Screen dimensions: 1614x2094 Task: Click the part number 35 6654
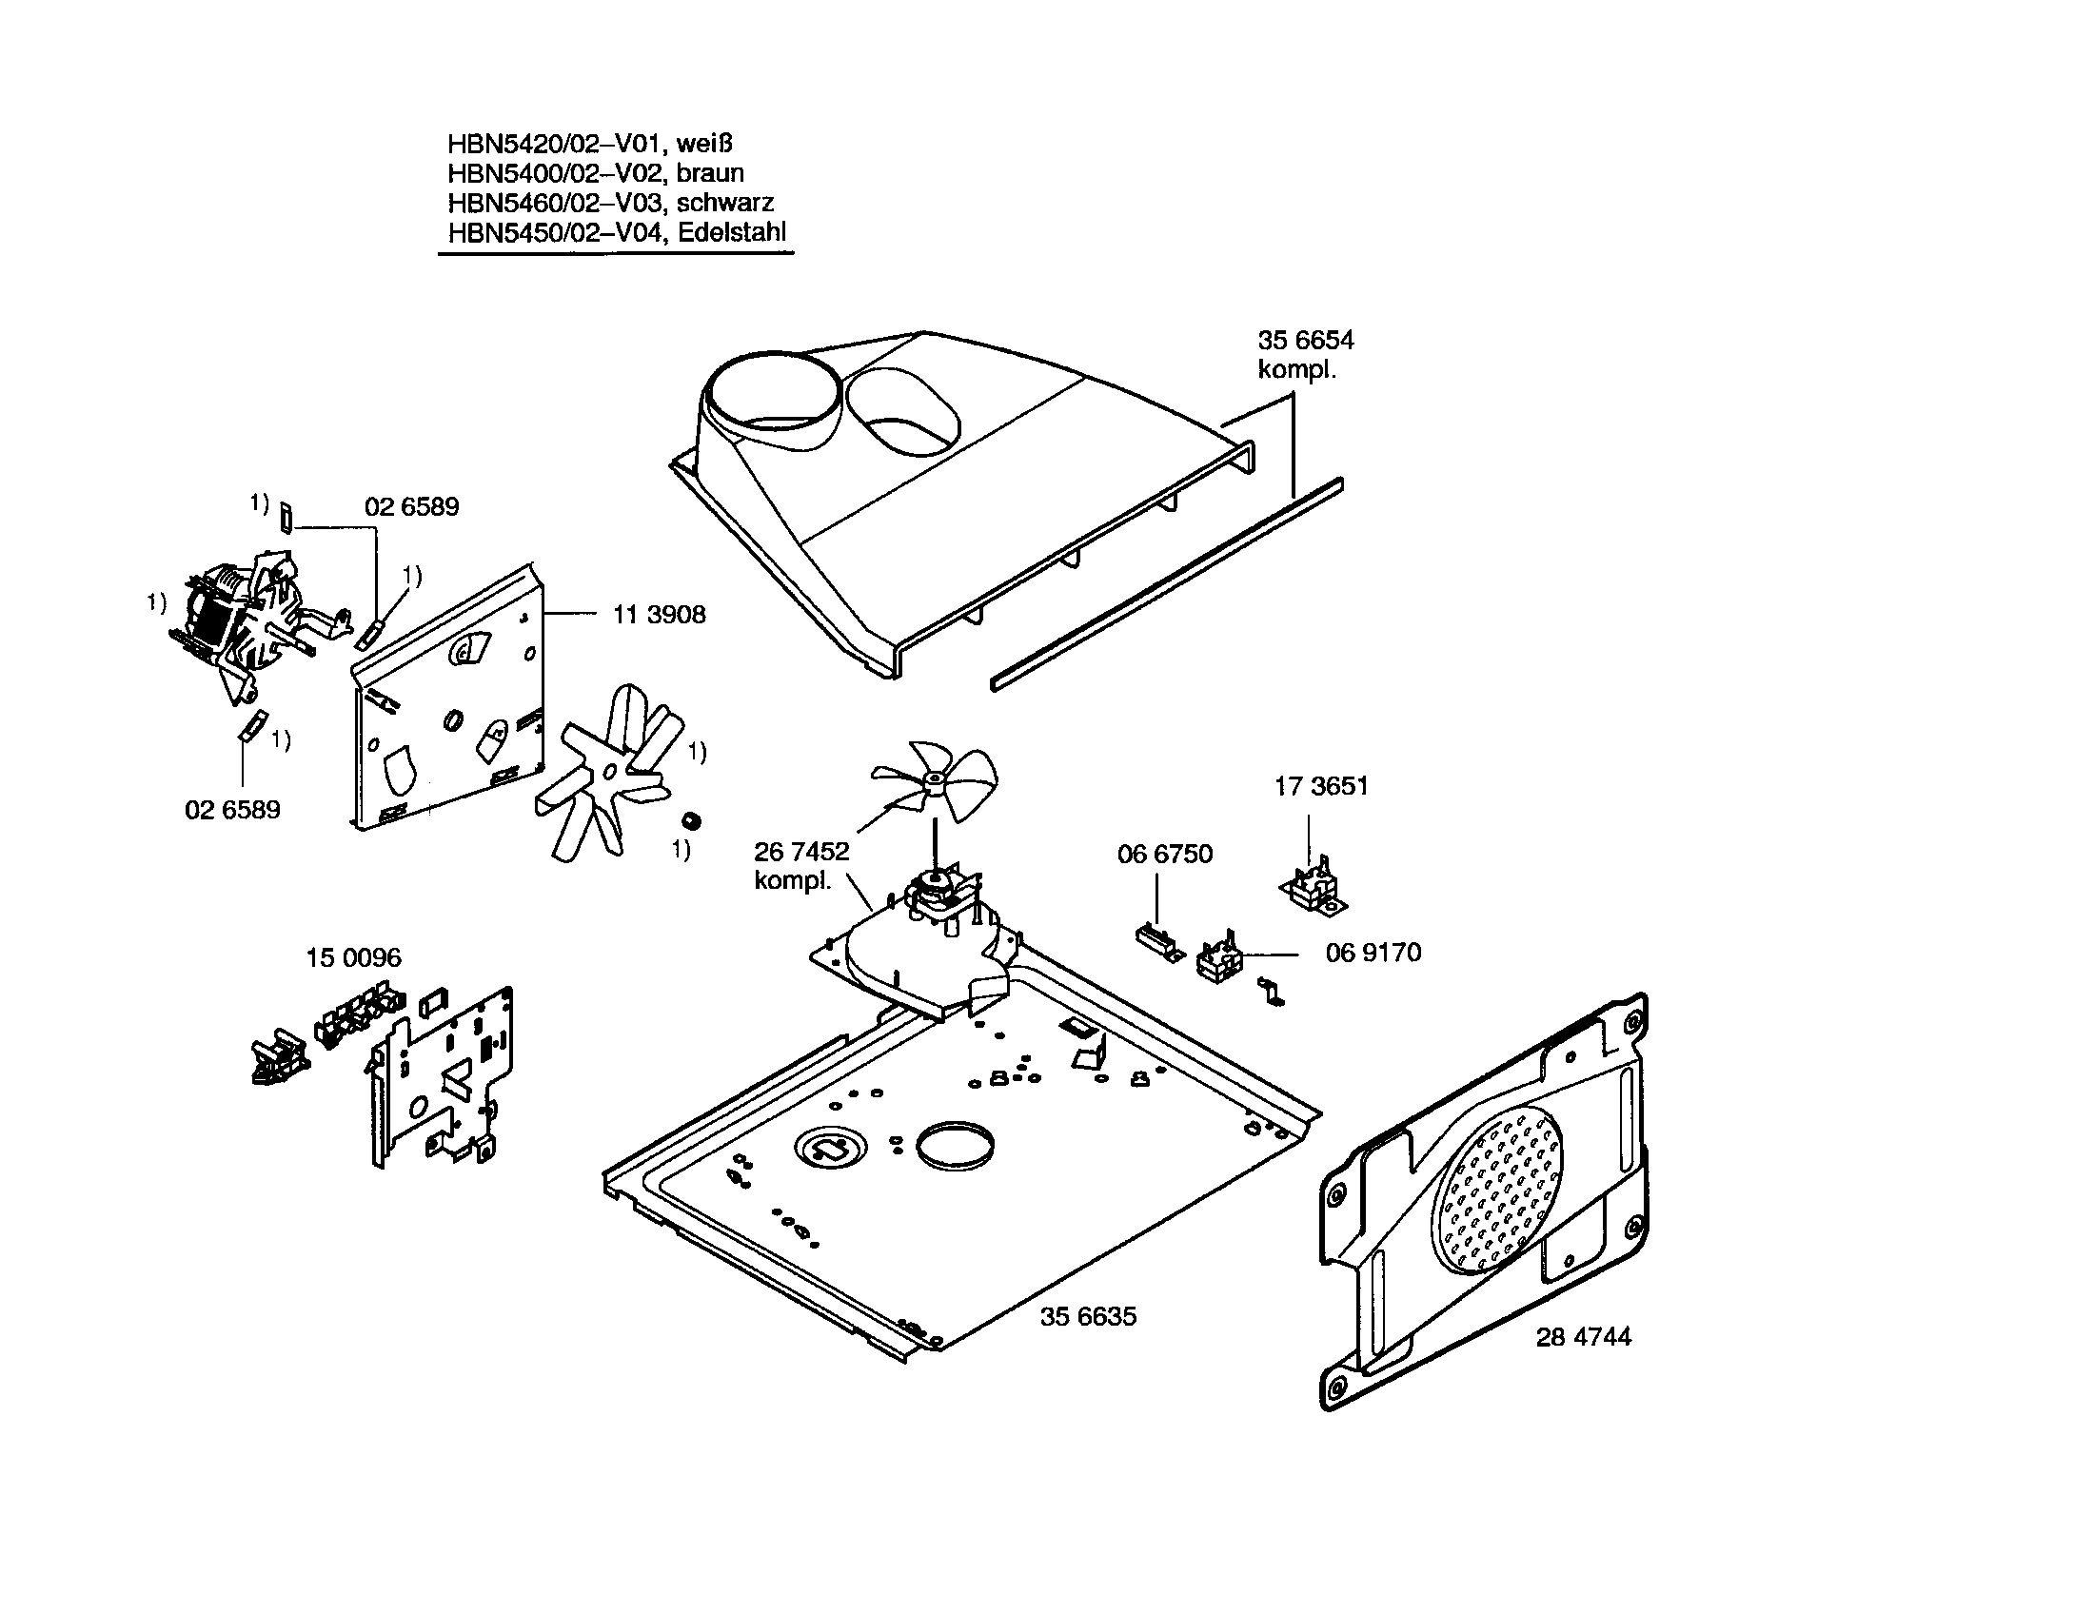click(x=1305, y=341)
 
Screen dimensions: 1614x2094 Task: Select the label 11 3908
click(x=659, y=615)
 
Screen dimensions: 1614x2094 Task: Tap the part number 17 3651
click(x=1320, y=786)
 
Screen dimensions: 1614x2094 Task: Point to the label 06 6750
click(x=1164, y=854)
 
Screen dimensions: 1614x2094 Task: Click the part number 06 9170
click(x=1372, y=953)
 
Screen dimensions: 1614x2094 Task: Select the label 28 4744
click(x=1582, y=1337)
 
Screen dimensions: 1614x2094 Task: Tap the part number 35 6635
click(x=1087, y=1317)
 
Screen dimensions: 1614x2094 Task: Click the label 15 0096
click(x=353, y=957)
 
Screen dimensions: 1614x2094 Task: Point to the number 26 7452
click(x=800, y=851)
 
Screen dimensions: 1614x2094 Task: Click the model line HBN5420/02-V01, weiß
click(x=590, y=144)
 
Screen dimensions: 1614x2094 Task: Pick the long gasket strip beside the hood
click(x=1165, y=584)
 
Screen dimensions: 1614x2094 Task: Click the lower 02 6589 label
click(x=232, y=810)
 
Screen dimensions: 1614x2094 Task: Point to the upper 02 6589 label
click(x=411, y=507)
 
